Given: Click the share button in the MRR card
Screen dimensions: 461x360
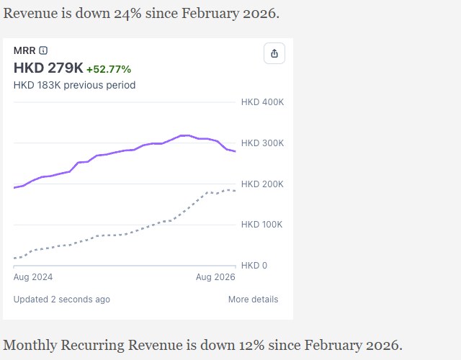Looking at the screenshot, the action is point(274,53).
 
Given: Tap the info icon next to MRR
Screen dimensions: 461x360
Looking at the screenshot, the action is point(43,50).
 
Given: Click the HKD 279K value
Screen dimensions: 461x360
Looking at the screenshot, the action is point(48,68).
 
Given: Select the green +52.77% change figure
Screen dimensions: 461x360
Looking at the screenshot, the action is point(109,69).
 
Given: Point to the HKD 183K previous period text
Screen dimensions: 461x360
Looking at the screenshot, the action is point(74,85).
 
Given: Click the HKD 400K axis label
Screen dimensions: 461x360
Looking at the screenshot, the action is point(262,102).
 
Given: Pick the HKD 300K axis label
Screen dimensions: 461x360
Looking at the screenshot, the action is point(262,143).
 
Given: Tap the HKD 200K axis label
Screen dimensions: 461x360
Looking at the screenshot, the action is point(262,184).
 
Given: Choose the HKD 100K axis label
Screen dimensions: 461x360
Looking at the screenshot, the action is point(261,225).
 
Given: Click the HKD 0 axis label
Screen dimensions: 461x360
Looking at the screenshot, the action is point(254,266).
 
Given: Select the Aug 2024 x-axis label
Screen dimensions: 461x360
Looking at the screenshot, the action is point(33,277).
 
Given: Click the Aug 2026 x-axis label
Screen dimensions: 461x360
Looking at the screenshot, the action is point(215,277).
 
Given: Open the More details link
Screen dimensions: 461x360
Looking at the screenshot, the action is point(253,300).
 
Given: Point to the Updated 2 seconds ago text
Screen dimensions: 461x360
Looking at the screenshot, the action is point(62,300).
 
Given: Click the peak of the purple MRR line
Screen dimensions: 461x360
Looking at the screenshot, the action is point(184,135).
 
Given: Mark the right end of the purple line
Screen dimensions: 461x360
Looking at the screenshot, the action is point(236,151).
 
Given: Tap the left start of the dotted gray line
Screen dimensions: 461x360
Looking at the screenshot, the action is point(14,258).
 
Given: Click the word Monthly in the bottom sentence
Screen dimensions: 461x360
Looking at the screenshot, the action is point(30,346).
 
